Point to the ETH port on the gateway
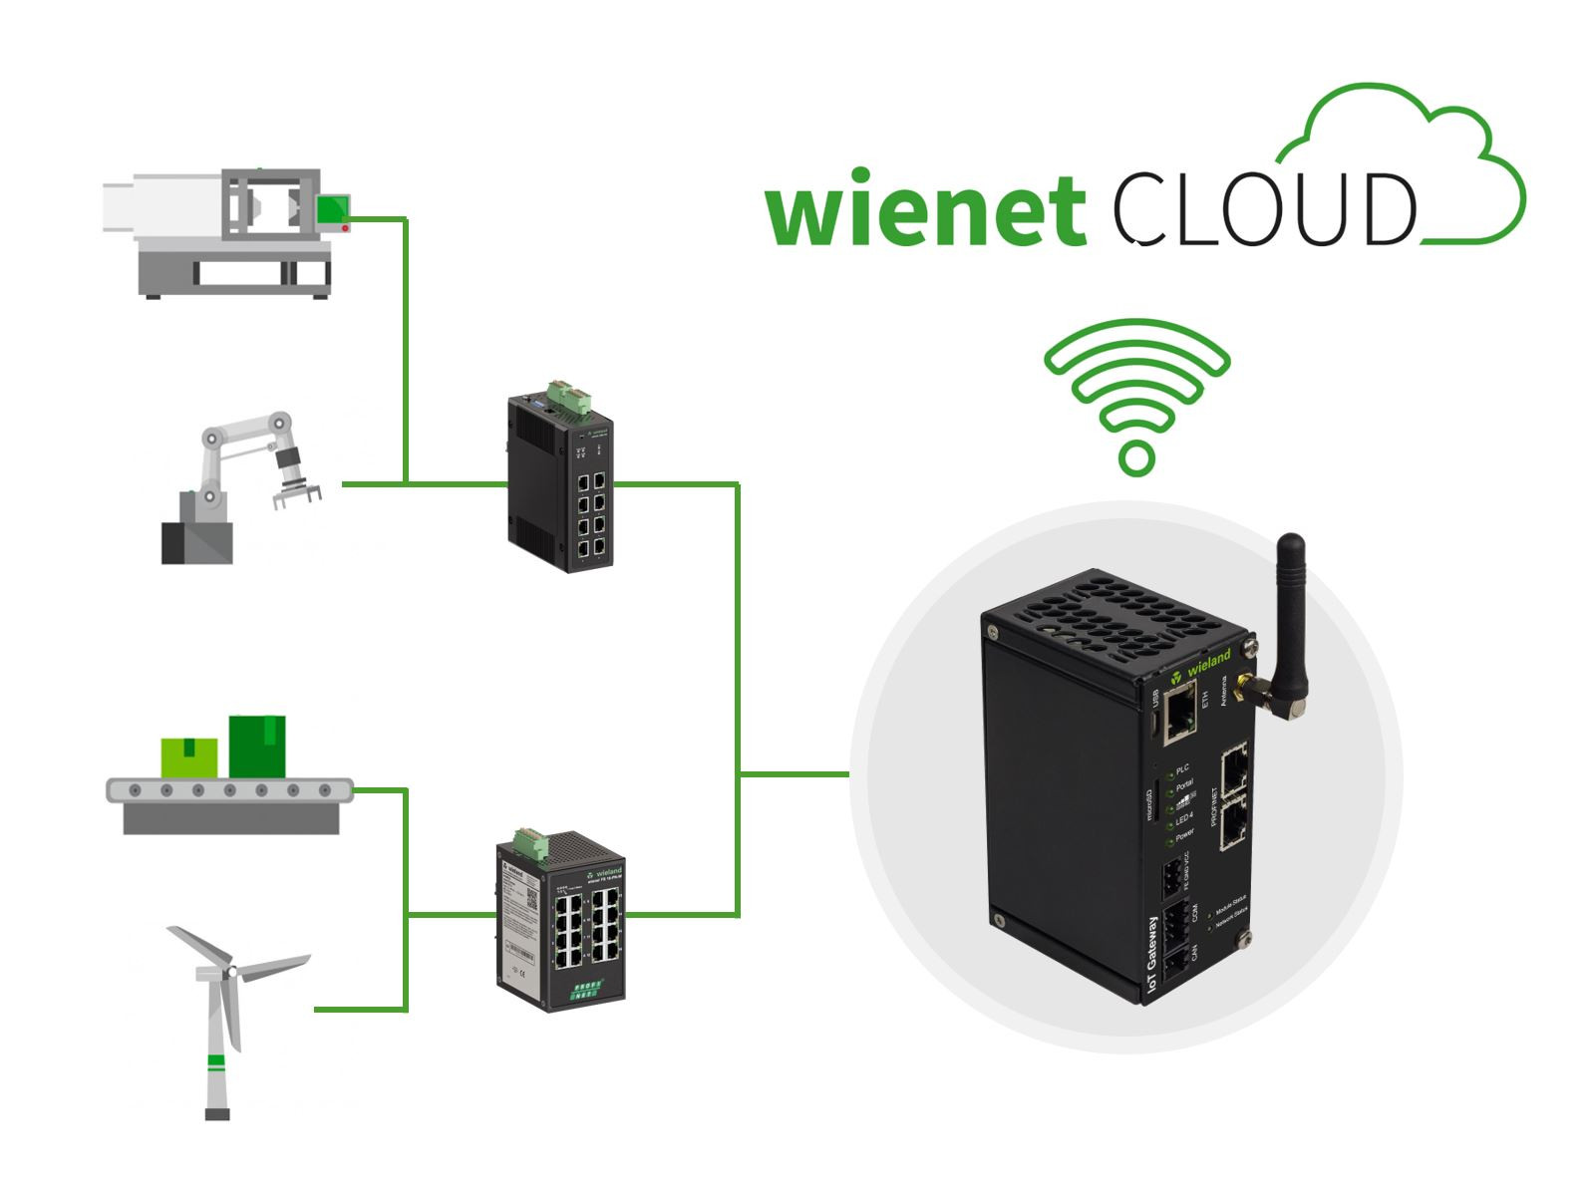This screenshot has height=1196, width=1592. (x=1180, y=711)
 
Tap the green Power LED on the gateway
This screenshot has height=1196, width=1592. (x=1169, y=843)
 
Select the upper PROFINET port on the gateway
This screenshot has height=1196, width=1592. (x=1234, y=769)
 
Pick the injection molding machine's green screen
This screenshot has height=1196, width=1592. (x=333, y=208)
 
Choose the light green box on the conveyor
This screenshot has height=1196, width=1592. (x=189, y=757)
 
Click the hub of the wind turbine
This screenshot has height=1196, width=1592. (x=230, y=970)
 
